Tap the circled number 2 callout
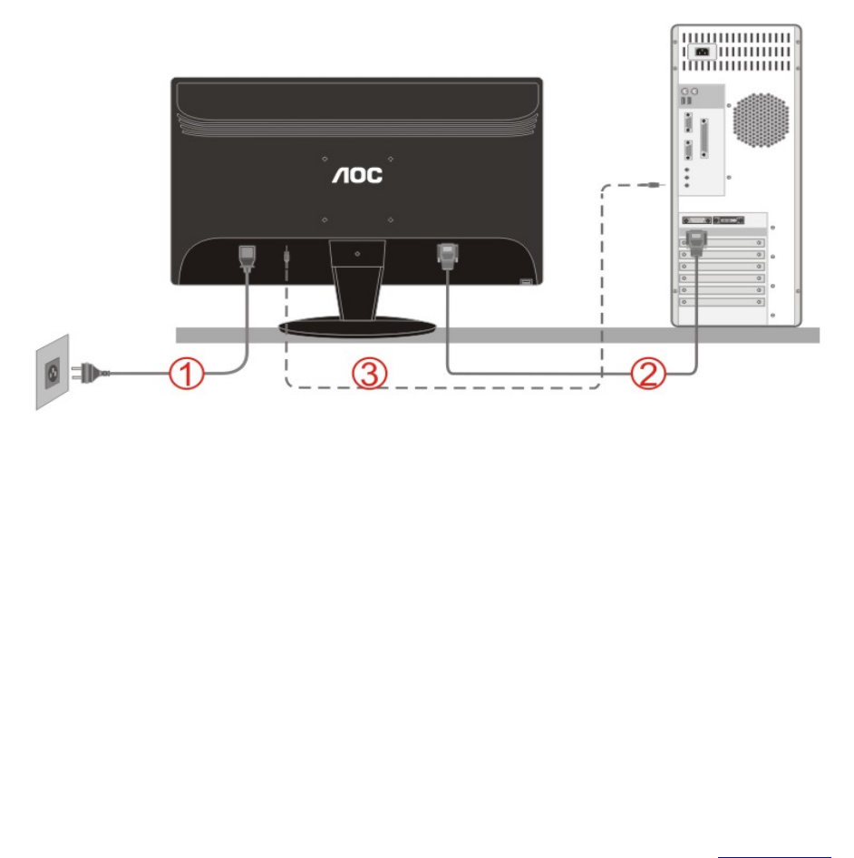coord(646,373)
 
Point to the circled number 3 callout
coord(370,373)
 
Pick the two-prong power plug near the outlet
coord(94,370)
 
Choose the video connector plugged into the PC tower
coord(695,244)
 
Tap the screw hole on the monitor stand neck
coord(358,254)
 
